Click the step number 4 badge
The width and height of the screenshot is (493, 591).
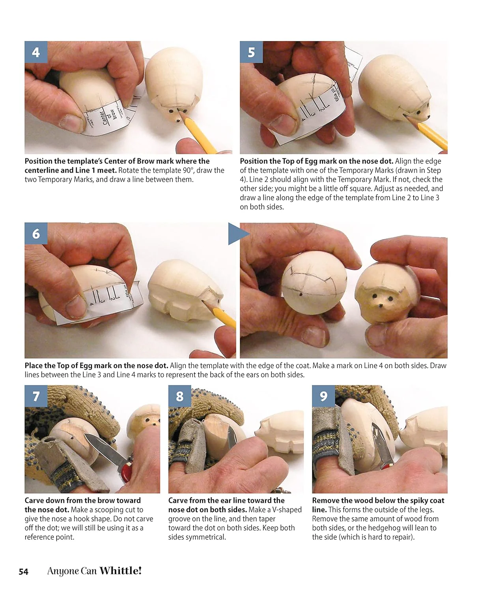tap(36, 52)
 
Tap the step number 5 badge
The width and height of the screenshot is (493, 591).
tap(251, 52)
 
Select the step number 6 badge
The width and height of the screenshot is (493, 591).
tap(36, 234)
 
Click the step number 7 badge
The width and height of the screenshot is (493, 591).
tap(36, 396)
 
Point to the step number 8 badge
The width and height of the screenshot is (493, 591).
tap(179, 396)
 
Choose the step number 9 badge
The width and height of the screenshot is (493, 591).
tap(323, 396)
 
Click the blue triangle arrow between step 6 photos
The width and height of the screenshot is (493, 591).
tap(237, 234)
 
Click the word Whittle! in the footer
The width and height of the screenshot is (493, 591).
tap(120, 571)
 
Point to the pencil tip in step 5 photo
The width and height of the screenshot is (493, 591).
tap(407, 116)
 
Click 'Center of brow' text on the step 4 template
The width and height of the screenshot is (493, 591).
tap(108, 117)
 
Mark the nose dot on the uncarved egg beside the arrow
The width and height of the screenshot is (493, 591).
tap(301, 294)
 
